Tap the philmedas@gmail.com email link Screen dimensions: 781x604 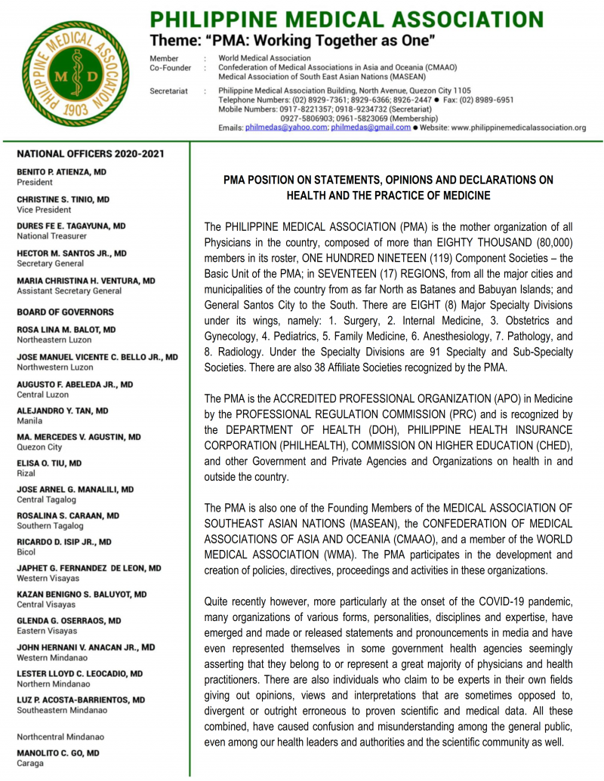tap(371, 128)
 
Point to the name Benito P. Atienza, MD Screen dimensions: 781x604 tap(62, 172)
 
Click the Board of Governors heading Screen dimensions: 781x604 tap(65, 312)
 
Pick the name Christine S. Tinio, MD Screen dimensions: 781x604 tap(63, 199)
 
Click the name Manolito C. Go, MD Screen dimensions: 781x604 tap(57, 753)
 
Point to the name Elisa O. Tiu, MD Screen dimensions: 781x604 tap(49, 463)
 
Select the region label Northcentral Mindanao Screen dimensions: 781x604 tap(60, 736)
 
